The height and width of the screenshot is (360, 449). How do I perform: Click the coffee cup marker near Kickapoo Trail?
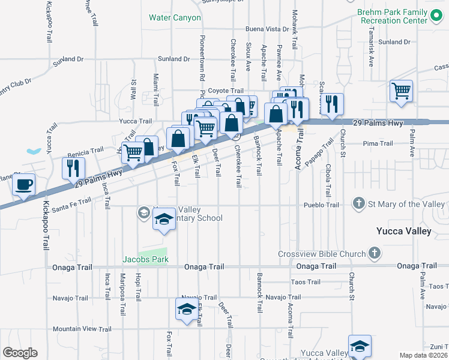coord(24,185)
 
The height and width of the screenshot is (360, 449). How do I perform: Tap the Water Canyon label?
coord(175,18)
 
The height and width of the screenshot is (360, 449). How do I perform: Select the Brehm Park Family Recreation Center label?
coord(393,16)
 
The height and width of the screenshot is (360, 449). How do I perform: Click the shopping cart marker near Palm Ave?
coord(401,92)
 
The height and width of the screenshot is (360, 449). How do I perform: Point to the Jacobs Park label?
coord(145,259)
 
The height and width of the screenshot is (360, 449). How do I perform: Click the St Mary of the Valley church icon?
coord(359,204)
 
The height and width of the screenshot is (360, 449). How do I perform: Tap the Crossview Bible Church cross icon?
coord(374,253)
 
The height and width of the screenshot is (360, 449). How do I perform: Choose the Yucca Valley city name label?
coord(403,231)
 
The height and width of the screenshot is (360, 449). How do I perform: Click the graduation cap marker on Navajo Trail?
coord(186,310)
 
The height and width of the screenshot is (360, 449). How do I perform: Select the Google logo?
coord(20,353)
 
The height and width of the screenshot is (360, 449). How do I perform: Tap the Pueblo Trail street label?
coord(324,205)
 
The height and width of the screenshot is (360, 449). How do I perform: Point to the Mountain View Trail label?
coord(82,329)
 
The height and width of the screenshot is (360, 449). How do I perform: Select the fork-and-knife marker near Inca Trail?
coord(73,167)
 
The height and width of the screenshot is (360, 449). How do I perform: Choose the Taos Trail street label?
coord(306,282)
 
